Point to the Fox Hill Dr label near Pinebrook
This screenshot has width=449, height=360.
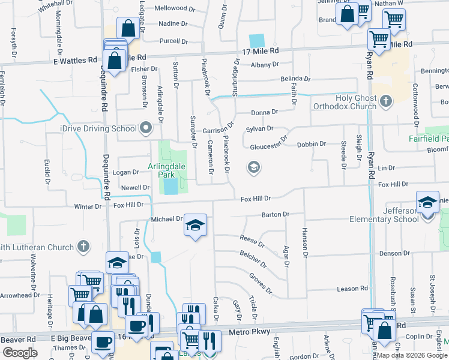(256, 199)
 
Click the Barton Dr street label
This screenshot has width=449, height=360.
(276, 214)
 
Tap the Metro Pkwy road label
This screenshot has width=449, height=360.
(252, 332)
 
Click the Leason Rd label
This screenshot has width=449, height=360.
(352, 289)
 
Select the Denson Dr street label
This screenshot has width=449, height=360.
(394, 253)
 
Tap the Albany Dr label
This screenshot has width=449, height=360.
(261, 65)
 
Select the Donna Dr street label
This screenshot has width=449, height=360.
(264, 112)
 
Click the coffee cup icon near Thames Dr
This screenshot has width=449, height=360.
(103, 342)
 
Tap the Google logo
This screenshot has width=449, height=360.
(20, 353)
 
